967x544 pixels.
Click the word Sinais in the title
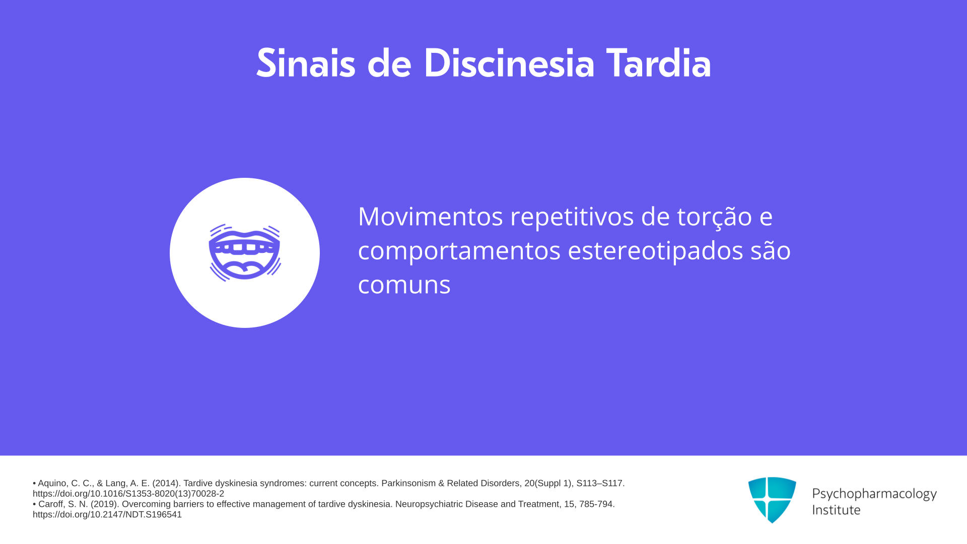pyautogui.click(x=306, y=63)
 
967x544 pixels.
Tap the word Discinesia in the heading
pyautogui.click(x=509, y=63)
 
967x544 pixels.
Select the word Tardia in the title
pyautogui.click(x=659, y=63)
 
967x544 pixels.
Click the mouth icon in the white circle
pyautogui.click(x=245, y=252)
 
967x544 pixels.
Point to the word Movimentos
pyautogui.click(x=431, y=216)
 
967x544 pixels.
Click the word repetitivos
pyautogui.click(x=572, y=217)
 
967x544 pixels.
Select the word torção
pyautogui.click(x=714, y=217)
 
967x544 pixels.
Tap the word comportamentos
pyautogui.click(x=459, y=251)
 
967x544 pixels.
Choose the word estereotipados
pyautogui.click(x=655, y=251)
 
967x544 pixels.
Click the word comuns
pyautogui.click(x=404, y=285)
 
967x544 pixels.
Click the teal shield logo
pyautogui.click(x=772, y=500)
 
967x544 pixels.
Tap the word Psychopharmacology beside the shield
pyautogui.click(x=874, y=494)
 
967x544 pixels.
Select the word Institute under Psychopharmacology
pyautogui.click(x=836, y=510)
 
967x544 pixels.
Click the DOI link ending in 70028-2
pyautogui.click(x=128, y=494)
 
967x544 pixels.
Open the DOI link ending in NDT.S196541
pyautogui.click(x=107, y=514)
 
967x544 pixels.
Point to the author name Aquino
pyautogui.click(x=53, y=483)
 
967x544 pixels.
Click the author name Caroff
pyautogui.click(x=52, y=504)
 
